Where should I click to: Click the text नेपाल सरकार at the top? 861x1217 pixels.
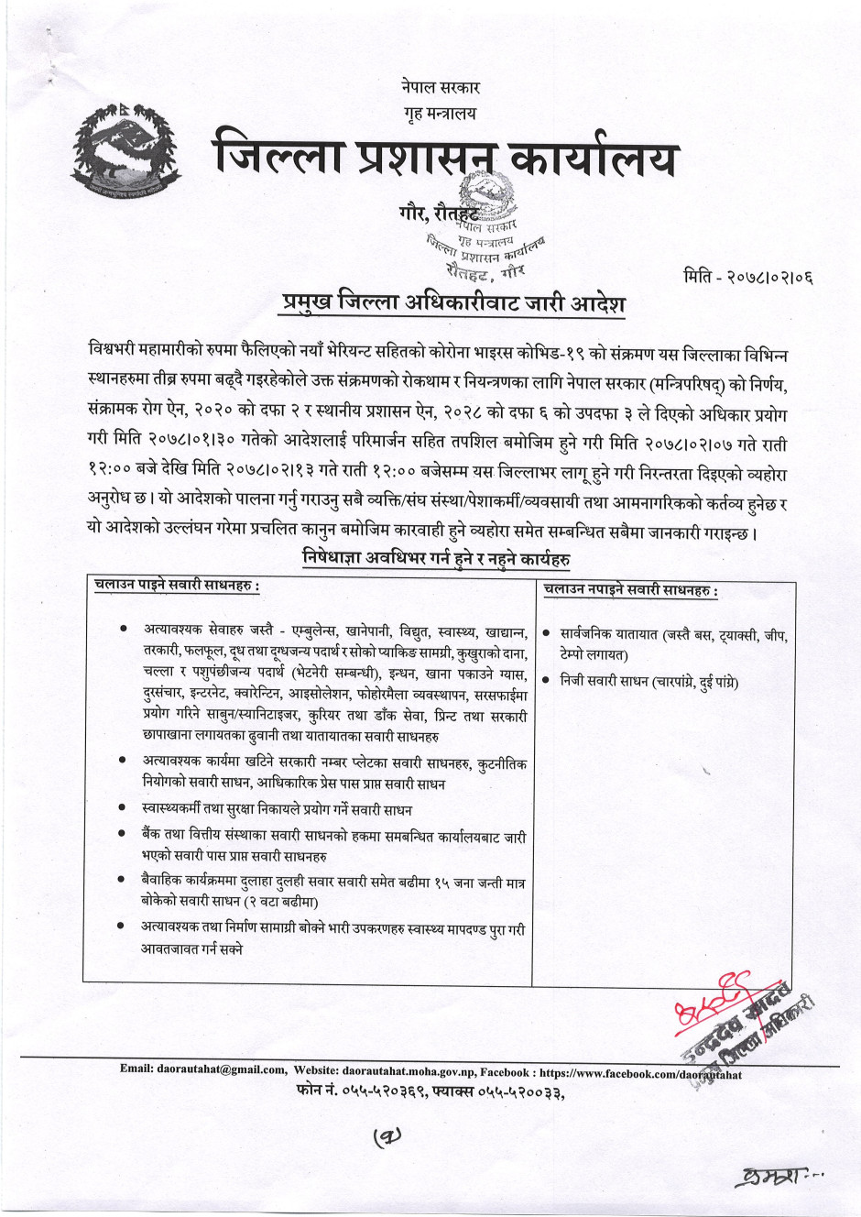440,89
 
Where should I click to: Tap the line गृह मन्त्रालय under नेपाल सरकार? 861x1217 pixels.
440,114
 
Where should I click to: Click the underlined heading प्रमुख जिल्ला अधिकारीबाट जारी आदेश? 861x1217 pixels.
453,302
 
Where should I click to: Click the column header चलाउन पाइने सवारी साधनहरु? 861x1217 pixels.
177,586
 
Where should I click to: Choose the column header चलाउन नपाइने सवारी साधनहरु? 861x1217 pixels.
630,590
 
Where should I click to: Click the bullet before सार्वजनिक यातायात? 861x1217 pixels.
546,633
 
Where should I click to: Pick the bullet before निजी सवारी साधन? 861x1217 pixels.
546,680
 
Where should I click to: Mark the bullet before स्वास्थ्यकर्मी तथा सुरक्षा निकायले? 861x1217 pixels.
122,809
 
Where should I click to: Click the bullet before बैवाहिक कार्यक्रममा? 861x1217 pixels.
122,880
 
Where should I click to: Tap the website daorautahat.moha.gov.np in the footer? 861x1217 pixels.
421,1069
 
